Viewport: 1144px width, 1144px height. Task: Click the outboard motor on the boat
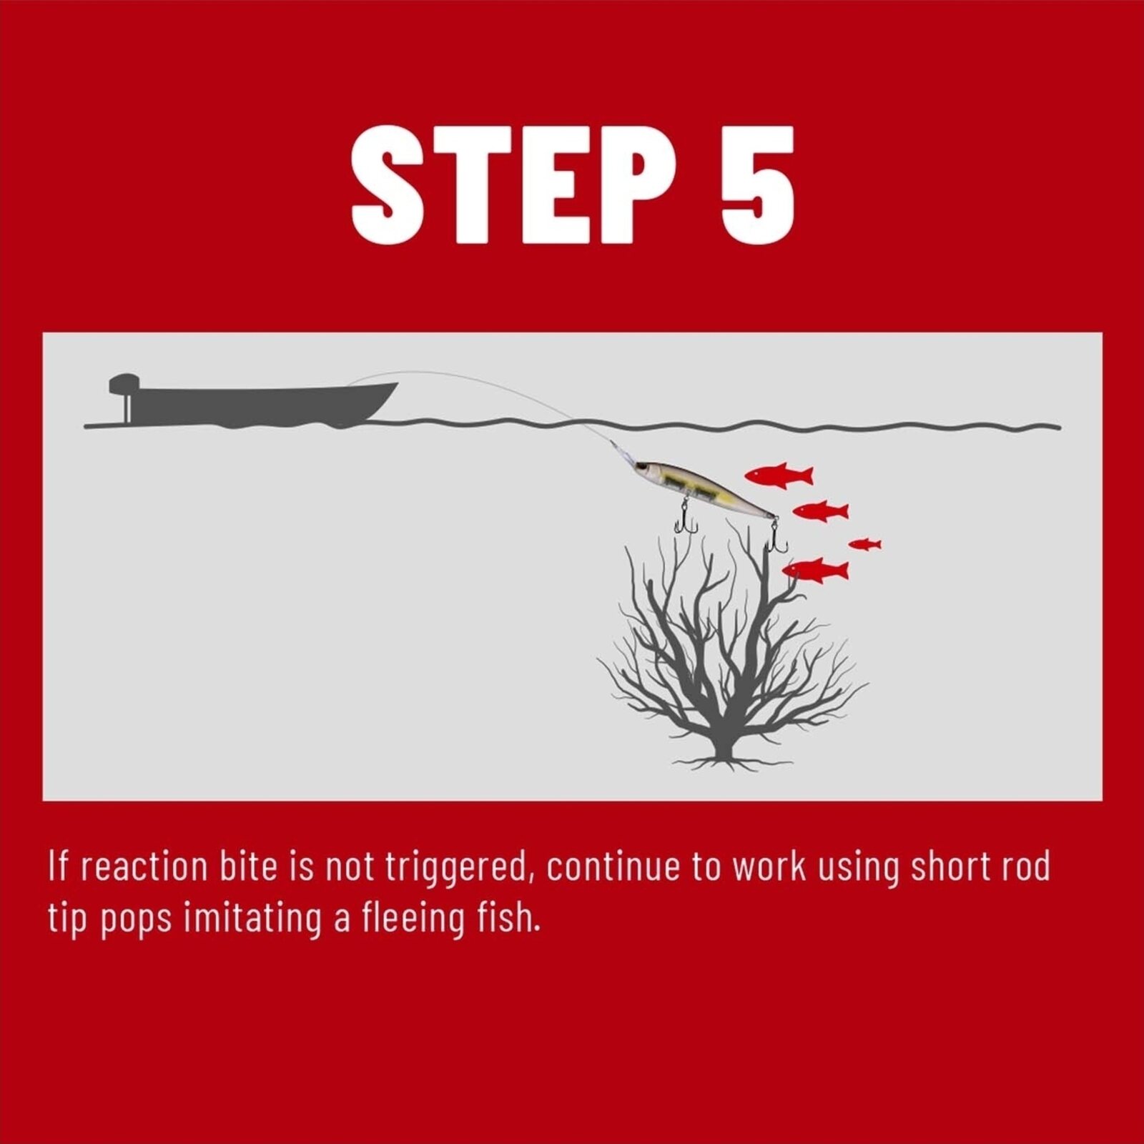click(124, 398)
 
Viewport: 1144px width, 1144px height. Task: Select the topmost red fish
click(779, 475)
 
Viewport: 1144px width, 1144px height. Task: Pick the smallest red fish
click(864, 544)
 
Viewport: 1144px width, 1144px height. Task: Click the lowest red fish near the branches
click(815, 571)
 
